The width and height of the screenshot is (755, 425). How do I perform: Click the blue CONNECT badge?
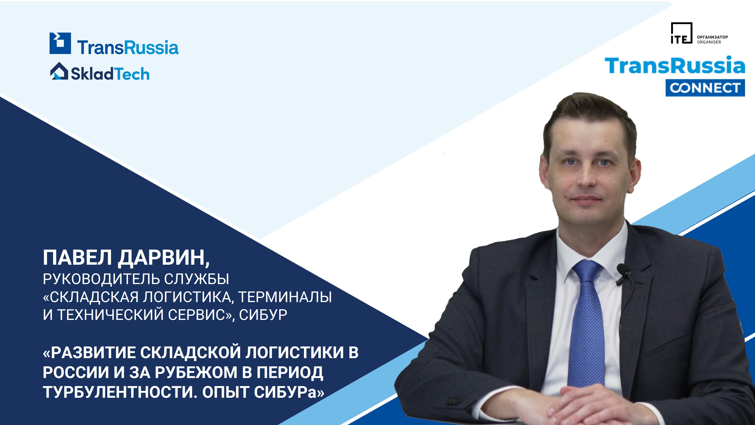point(705,88)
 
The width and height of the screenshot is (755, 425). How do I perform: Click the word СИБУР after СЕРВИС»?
point(263,315)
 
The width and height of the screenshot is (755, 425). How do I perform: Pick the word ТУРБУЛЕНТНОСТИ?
point(118,392)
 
